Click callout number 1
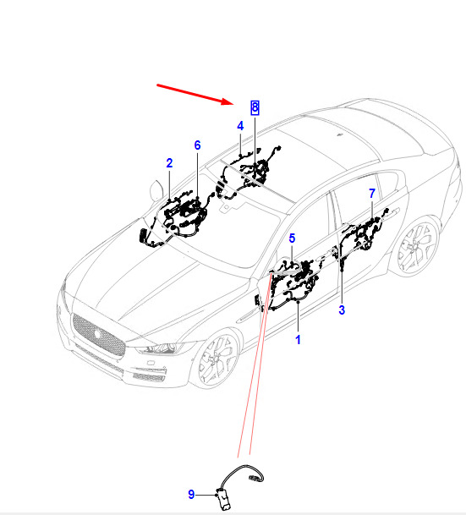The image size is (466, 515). point(298,340)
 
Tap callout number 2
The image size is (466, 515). point(169,163)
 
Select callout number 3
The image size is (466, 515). point(342,310)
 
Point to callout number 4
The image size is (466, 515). point(240,126)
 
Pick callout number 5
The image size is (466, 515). point(292,238)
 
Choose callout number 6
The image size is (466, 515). point(197,145)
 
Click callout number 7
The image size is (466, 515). point(372,193)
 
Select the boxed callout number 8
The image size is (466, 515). point(255,107)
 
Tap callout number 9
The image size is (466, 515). point(191,495)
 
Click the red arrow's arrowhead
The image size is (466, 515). point(228,101)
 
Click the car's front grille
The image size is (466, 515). point(98,335)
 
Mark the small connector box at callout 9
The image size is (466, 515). point(224,498)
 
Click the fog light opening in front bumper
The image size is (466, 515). point(148,377)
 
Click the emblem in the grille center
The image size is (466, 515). point(97,334)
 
